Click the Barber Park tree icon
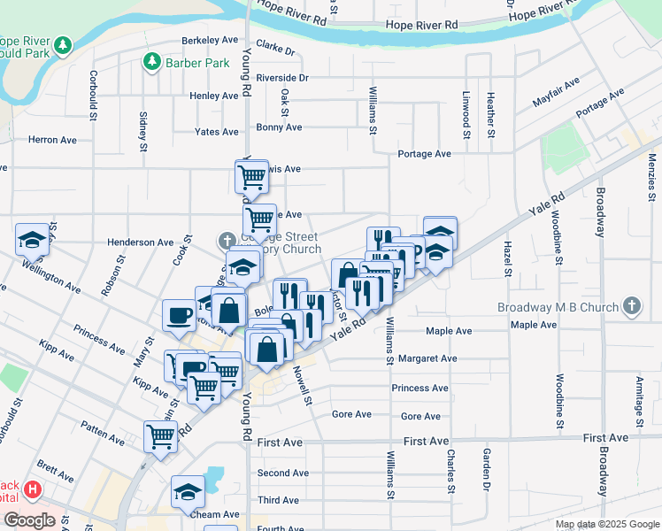151,62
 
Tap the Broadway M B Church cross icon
630,306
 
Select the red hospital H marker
33,489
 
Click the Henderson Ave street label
140,242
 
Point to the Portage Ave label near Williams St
425,153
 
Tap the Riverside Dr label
282,78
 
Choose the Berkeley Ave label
210,40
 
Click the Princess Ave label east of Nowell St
420,388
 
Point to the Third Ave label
278,500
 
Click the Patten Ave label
104,435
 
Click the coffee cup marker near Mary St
179,316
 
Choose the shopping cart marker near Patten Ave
160,435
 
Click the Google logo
29,520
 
